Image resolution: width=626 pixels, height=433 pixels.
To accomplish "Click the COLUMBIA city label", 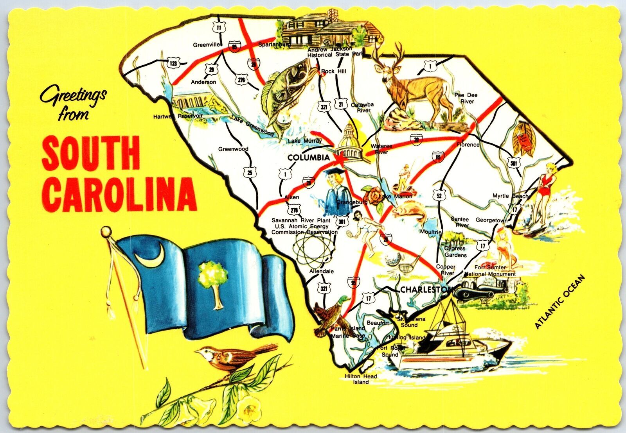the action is (309, 158).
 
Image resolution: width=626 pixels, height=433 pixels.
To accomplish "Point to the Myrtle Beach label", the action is (510, 196).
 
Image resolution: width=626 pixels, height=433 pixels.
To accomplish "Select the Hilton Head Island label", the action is (361, 379).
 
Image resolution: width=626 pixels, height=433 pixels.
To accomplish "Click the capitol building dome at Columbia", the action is (349, 135).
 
